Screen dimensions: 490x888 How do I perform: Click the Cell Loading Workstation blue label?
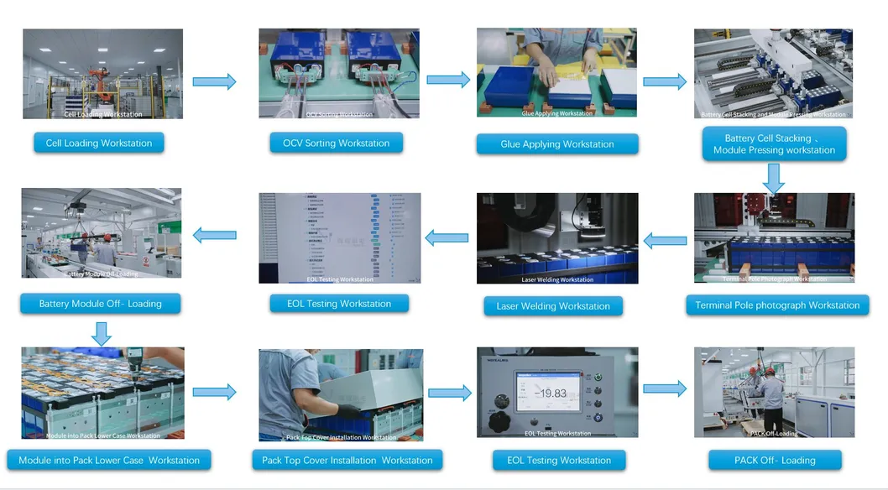point(99,143)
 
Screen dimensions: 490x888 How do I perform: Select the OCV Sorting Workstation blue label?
point(336,143)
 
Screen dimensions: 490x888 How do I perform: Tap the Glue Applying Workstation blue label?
point(557,144)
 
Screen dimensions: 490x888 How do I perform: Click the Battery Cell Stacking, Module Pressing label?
point(774,144)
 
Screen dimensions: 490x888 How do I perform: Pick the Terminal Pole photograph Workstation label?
point(777,305)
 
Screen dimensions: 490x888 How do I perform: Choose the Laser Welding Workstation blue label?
point(553,306)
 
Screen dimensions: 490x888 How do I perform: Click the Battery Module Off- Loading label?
point(100,304)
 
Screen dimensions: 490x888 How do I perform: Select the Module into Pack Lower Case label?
point(109,461)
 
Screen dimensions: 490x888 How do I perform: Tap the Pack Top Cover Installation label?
point(347,461)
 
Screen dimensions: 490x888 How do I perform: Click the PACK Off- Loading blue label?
point(775,461)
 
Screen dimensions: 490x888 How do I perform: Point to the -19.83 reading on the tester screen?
point(550,393)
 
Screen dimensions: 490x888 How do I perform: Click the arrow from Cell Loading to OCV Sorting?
point(214,81)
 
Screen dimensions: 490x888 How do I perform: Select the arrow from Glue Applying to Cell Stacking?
point(665,81)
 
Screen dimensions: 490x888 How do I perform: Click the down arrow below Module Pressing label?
point(774,177)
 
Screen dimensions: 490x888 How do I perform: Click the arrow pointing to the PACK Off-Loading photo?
point(665,388)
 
